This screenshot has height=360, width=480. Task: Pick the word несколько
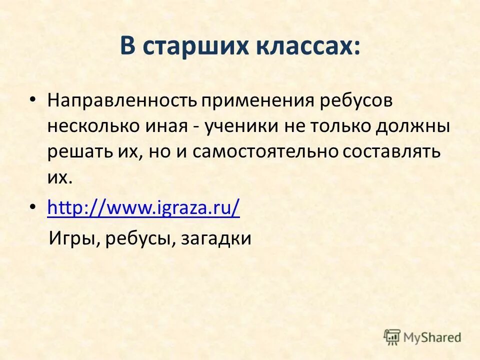(x=93, y=126)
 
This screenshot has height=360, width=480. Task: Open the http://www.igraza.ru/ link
(x=143, y=207)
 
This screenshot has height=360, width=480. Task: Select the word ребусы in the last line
(x=137, y=239)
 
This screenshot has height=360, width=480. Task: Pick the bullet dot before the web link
(x=33, y=206)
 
